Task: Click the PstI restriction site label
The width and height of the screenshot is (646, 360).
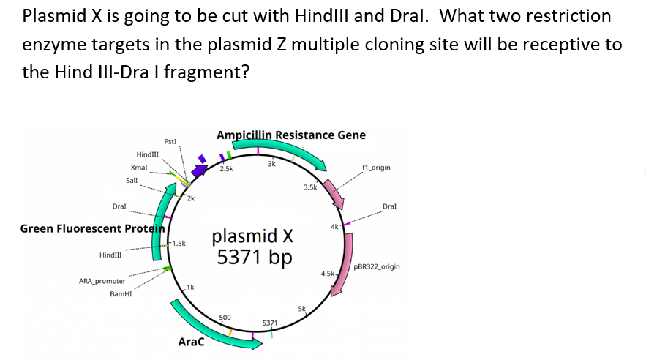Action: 170,140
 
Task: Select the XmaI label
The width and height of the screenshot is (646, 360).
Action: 140,168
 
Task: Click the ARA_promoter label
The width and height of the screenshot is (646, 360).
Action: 102,281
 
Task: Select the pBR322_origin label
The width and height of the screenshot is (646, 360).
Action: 377,267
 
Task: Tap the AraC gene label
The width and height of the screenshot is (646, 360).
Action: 192,342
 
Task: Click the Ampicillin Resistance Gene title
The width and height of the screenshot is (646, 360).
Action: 291,135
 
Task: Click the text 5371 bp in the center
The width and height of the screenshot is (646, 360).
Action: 254,258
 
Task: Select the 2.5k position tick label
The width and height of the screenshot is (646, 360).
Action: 226,169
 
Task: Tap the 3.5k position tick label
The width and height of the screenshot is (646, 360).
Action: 309,188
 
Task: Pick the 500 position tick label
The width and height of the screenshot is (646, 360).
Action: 225,317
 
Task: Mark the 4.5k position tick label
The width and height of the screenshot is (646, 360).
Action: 327,274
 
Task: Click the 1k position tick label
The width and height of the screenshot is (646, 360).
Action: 190,285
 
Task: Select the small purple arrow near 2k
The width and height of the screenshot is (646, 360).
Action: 198,172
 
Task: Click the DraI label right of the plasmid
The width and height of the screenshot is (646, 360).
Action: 391,207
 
